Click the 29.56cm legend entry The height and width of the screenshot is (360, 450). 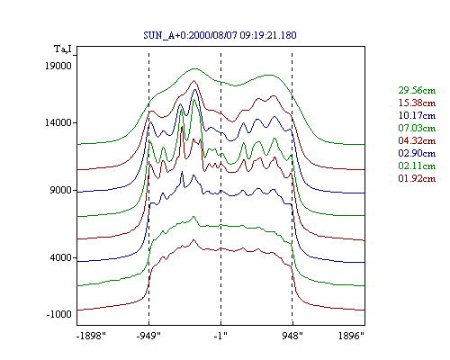pyautogui.click(x=417, y=90)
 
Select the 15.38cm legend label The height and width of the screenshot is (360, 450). pyautogui.click(x=417, y=103)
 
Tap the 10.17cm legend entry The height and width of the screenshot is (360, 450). pyautogui.click(x=417, y=115)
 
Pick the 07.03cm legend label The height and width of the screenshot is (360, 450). pyautogui.click(x=417, y=128)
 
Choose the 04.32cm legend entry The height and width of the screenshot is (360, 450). pyautogui.click(x=417, y=140)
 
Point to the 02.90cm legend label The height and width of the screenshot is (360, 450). pyautogui.click(x=417, y=153)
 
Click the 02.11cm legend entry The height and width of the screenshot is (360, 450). pyautogui.click(x=417, y=166)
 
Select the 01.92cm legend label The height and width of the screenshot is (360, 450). pyautogui.click(x=417, y=178)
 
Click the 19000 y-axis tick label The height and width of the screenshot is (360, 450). pyautogui.click(x=58, y=66)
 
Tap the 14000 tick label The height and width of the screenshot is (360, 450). pyautogui.click(x=58, y=122)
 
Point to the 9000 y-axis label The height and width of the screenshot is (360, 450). pyautogui.click(x=61, y=190)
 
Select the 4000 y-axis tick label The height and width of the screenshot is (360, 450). pyautogui.click(x=61, y=257)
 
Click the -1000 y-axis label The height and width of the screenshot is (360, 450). pyautogui.click(x=58, y=314)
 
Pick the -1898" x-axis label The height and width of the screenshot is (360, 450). pyautogui.click(x=92, y=336)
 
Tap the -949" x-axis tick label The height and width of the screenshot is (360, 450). pyautogui.click(x=148, y=336)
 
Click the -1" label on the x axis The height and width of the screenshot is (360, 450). pyautogui.click(x=220, y=336)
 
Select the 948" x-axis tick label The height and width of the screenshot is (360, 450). pyautogui.click(x=292, y=336)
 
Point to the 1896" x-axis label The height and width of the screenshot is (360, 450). pyautogui.click(x=351, y=336)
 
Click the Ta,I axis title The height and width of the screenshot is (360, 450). pyautogui.click(x=63, y=49)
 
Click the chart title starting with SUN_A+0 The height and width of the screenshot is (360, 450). pyautogui.click(x=220, y=35)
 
